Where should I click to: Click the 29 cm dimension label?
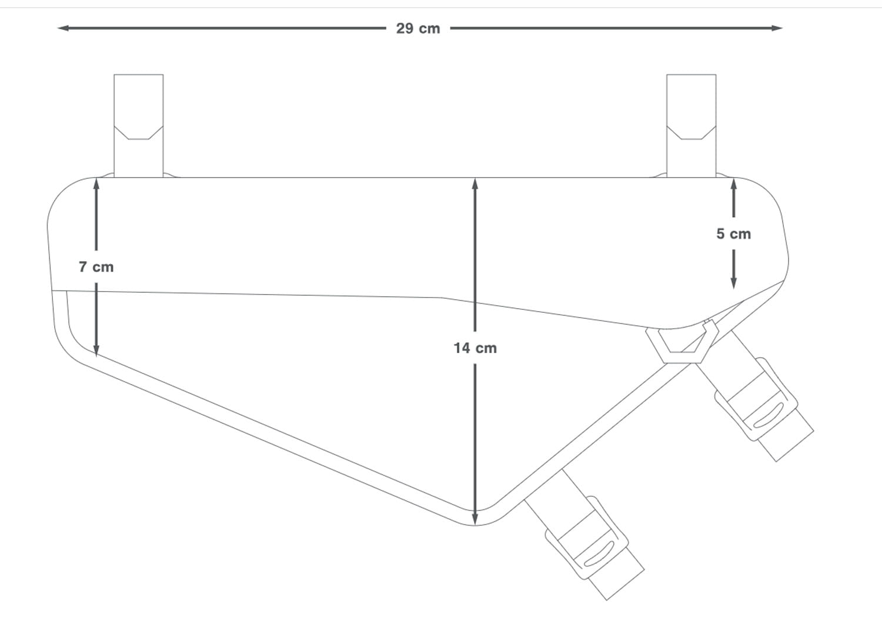click(417, 29)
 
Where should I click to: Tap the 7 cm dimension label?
click(96, 267)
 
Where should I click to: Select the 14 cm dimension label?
click(475, 348)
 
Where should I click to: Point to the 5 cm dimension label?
click(733, 234)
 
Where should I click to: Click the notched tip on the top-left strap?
click(138, 132)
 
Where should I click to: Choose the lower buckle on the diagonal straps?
click(587, 537)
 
